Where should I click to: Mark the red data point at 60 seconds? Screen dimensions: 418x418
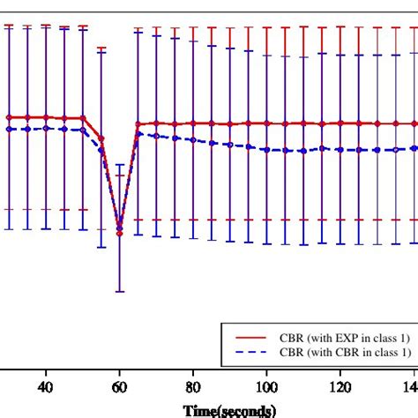[x=120, y=234]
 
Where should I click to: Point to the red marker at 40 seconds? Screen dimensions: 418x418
[x=46, y=117]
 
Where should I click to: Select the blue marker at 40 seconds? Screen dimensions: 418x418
[x=46, y=129]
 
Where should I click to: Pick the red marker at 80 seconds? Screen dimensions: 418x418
[x=193, y=123]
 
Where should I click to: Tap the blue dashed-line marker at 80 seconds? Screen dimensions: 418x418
[x=193, y=139]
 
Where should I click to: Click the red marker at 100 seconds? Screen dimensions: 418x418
[x=266, y=123]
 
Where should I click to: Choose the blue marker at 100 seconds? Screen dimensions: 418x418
[x=266, y=149]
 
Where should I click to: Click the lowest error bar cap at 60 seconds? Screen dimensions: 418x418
[x=120, y=291]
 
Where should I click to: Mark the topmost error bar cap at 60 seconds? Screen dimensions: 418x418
[x=120, y=164]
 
